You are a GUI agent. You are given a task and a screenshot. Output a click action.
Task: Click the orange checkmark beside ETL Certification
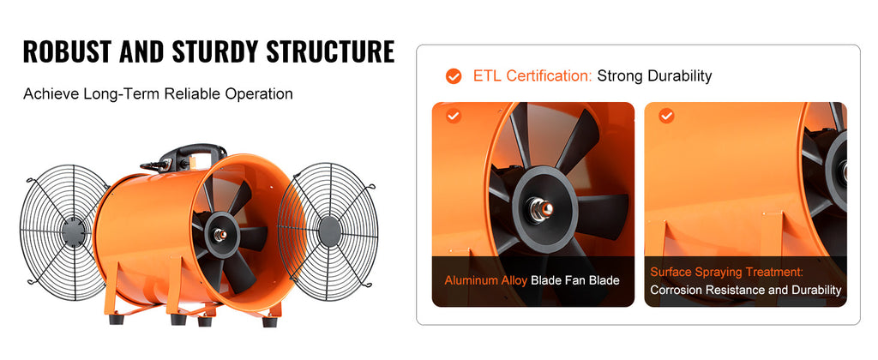coord(454,76)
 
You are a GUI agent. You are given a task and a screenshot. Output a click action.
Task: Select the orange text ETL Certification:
coord(532,76)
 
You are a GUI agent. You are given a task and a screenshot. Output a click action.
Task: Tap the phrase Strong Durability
coord(654,76)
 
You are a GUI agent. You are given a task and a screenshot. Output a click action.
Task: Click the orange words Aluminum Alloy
coord(485,280)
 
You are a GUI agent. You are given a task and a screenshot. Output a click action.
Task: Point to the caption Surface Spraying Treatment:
coord(726,272)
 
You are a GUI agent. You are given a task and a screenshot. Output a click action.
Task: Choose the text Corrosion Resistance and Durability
coord(745,291)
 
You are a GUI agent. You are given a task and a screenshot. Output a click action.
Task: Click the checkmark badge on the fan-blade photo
coord(454,116)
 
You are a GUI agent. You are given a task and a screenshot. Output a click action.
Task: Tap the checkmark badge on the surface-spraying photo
coord(666,116)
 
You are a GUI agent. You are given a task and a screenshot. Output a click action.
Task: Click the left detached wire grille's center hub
coord(72,230)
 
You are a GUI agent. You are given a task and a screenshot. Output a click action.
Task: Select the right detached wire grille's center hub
coord(329,230)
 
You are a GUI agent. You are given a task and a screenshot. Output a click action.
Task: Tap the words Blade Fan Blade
coord(574,280)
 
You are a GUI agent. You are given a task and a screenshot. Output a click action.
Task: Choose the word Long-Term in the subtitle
coord(117,93)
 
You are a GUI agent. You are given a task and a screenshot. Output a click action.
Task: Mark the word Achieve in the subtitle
coord(50,93)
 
